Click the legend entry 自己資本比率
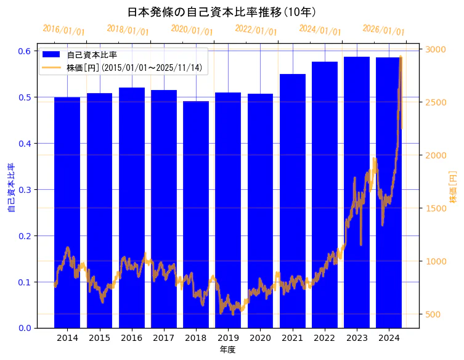point(92,55)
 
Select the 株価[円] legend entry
point(134,67)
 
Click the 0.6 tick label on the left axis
point(25,51)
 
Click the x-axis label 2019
point(228,338)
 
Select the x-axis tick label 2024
point(389,338)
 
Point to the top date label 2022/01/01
point(256,30)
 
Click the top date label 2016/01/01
point(63,30)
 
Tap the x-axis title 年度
point(227,350)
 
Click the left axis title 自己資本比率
point(10,188)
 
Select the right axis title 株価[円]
point(453,188)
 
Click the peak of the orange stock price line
point(401,57)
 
